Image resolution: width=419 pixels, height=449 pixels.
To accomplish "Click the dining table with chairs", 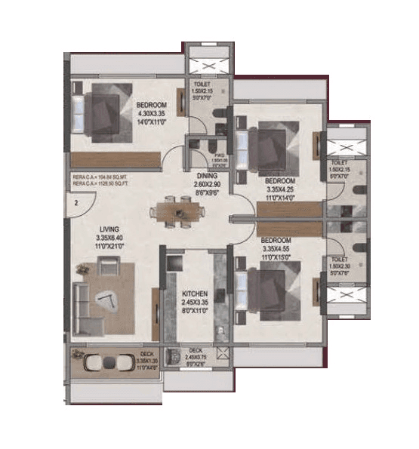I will (x=179, y=211).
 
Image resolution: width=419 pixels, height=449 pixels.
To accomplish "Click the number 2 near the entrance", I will (x=77, y=202).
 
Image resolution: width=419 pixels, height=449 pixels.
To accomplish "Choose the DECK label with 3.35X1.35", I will (x=147, y=354).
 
